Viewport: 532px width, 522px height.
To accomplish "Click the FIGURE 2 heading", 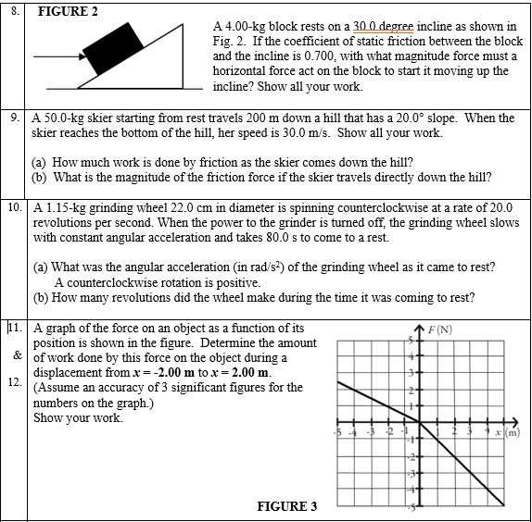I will click(69, 10).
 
